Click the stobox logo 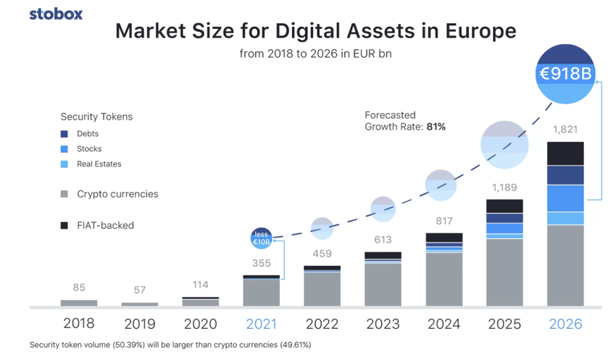pos(56,14)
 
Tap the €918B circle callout pos(565,74)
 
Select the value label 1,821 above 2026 pos(565,130)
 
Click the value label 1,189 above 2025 pos(504,188)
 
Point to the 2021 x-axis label pos(261,324)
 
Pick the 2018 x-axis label pos(78,324)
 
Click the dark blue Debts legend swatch pos(64,134)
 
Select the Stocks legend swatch pos(64,149)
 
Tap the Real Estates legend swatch pos(64,164)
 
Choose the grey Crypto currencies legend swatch pos(64,194)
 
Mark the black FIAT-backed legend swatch pos(64,226)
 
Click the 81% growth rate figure pos(436,127)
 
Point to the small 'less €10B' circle pos(261,238)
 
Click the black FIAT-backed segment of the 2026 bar pos(565,154)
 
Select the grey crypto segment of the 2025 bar pos(504,272)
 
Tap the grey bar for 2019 pos(140,304)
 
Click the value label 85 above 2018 pos(78,288)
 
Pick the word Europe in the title pos(479,31)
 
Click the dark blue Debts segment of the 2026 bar pos(565,175)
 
